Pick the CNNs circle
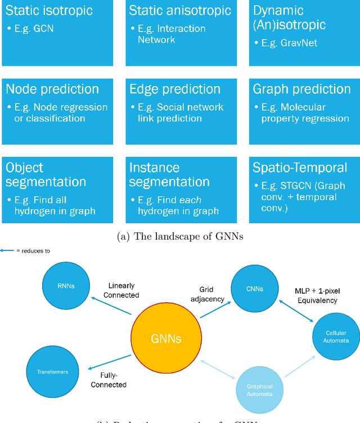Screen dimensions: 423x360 (x=254, y=289)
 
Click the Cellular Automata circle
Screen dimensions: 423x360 (x=336, y=337)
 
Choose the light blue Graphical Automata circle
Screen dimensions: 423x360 (x=259, y=390)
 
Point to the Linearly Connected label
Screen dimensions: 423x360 (x=121, y=290)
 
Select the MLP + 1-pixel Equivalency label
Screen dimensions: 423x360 (x=316, y=295)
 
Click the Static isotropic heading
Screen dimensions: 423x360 (x=49, y=11)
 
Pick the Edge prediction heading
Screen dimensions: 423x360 (x=175, y=89)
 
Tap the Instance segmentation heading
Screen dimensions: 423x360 (x=161, y=174)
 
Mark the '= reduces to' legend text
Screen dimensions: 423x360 (x=34, y=251)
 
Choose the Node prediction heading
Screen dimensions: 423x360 (x=52, y=89)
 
